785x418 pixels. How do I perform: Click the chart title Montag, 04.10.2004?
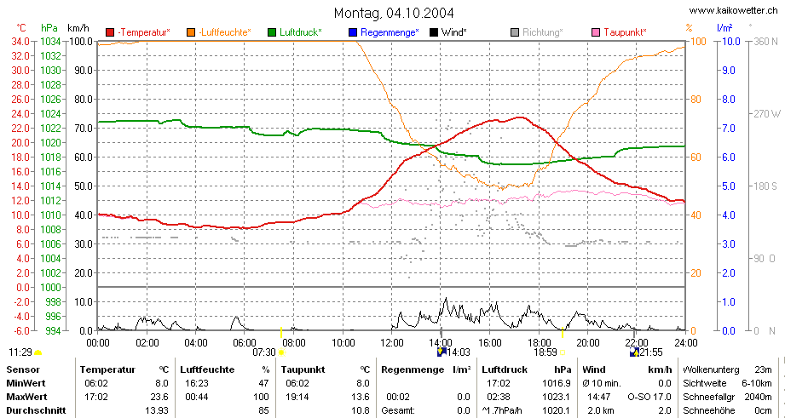point(394,12)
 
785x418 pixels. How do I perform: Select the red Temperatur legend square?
point(110,32)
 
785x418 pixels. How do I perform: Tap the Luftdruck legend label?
point(300,32)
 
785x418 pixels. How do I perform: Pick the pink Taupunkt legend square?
point(596,32)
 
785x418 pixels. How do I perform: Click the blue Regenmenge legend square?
point(352,32)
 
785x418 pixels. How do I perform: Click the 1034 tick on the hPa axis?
point(50,41)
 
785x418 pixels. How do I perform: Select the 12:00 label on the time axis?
point(392,343)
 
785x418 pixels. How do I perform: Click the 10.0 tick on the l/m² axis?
point(732,41)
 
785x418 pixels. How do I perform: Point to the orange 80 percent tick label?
point(696,100)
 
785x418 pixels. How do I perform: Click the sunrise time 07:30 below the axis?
point(264,352)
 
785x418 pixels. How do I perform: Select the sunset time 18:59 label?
point(545,352)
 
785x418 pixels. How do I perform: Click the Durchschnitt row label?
point(36,410)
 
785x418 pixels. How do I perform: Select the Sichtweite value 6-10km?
point(758,383)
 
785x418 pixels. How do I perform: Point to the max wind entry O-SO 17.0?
point(649,397)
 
